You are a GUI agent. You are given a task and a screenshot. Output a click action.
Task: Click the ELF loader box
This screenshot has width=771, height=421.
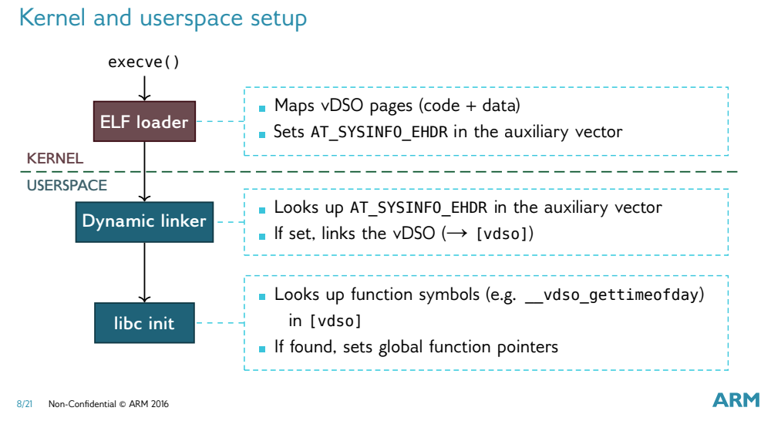pyautogui.click(x=144, y=121)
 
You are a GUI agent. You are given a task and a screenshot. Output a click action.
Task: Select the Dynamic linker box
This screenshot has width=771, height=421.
pyautogui.click(x=144, y=221)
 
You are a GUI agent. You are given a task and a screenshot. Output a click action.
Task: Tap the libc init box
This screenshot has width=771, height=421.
pyautogui.click(x=144, y=322)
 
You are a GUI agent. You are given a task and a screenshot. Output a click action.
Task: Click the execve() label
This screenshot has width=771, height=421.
pyautogui.click(x=143, y=61)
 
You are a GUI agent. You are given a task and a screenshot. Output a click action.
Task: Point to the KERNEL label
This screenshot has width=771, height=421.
pyautogui.click(x=55, y=157)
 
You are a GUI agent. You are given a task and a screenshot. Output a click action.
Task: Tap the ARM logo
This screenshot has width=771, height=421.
pyautogui.click(x=736, y=399)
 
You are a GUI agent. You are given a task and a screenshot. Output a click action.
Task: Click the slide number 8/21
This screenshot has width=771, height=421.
pyautogui.click(x=25, y=404)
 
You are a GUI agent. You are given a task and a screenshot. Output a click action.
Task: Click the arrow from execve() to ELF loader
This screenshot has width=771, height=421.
pyautogui.click(x=144, y=86)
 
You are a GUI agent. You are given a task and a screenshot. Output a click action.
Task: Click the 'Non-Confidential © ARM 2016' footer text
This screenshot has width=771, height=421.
pyautogui.click(x=108, y=404)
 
